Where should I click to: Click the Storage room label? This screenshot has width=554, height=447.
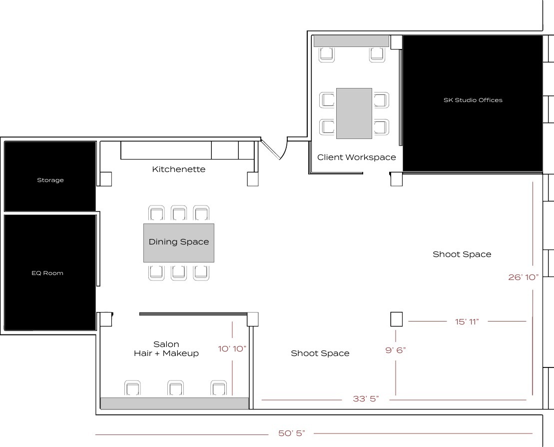tap(50, 180)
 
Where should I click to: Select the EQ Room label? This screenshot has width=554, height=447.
tap(50, 273)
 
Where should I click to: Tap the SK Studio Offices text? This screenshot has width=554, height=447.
tap(473, 100)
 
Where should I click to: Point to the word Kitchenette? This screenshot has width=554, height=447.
tap(179, 169)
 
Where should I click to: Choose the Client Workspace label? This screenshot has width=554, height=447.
tap(357, 157)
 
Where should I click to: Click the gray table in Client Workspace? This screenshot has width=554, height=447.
tap(354, 113)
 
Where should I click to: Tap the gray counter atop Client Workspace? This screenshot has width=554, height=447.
tap(351, 41)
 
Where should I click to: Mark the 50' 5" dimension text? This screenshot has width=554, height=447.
tap(292, 433)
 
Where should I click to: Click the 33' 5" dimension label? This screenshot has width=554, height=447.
tap(366, 399)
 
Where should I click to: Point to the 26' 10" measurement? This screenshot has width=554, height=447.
tap(523, 277)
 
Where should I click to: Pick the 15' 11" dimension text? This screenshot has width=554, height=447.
tap(467, 321)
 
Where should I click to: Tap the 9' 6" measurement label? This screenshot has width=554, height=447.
tap(395, 350)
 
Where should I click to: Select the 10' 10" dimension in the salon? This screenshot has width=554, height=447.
tap(232, 348)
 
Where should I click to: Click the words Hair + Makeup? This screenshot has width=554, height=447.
tap(166, 353)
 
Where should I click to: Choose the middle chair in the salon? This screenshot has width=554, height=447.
tap(175, 388)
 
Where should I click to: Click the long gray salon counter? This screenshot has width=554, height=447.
tap(174, 403)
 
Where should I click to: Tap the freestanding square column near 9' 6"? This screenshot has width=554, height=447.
tap(396, 319)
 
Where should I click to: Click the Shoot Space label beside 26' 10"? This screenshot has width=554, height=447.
tap(462, 254)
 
